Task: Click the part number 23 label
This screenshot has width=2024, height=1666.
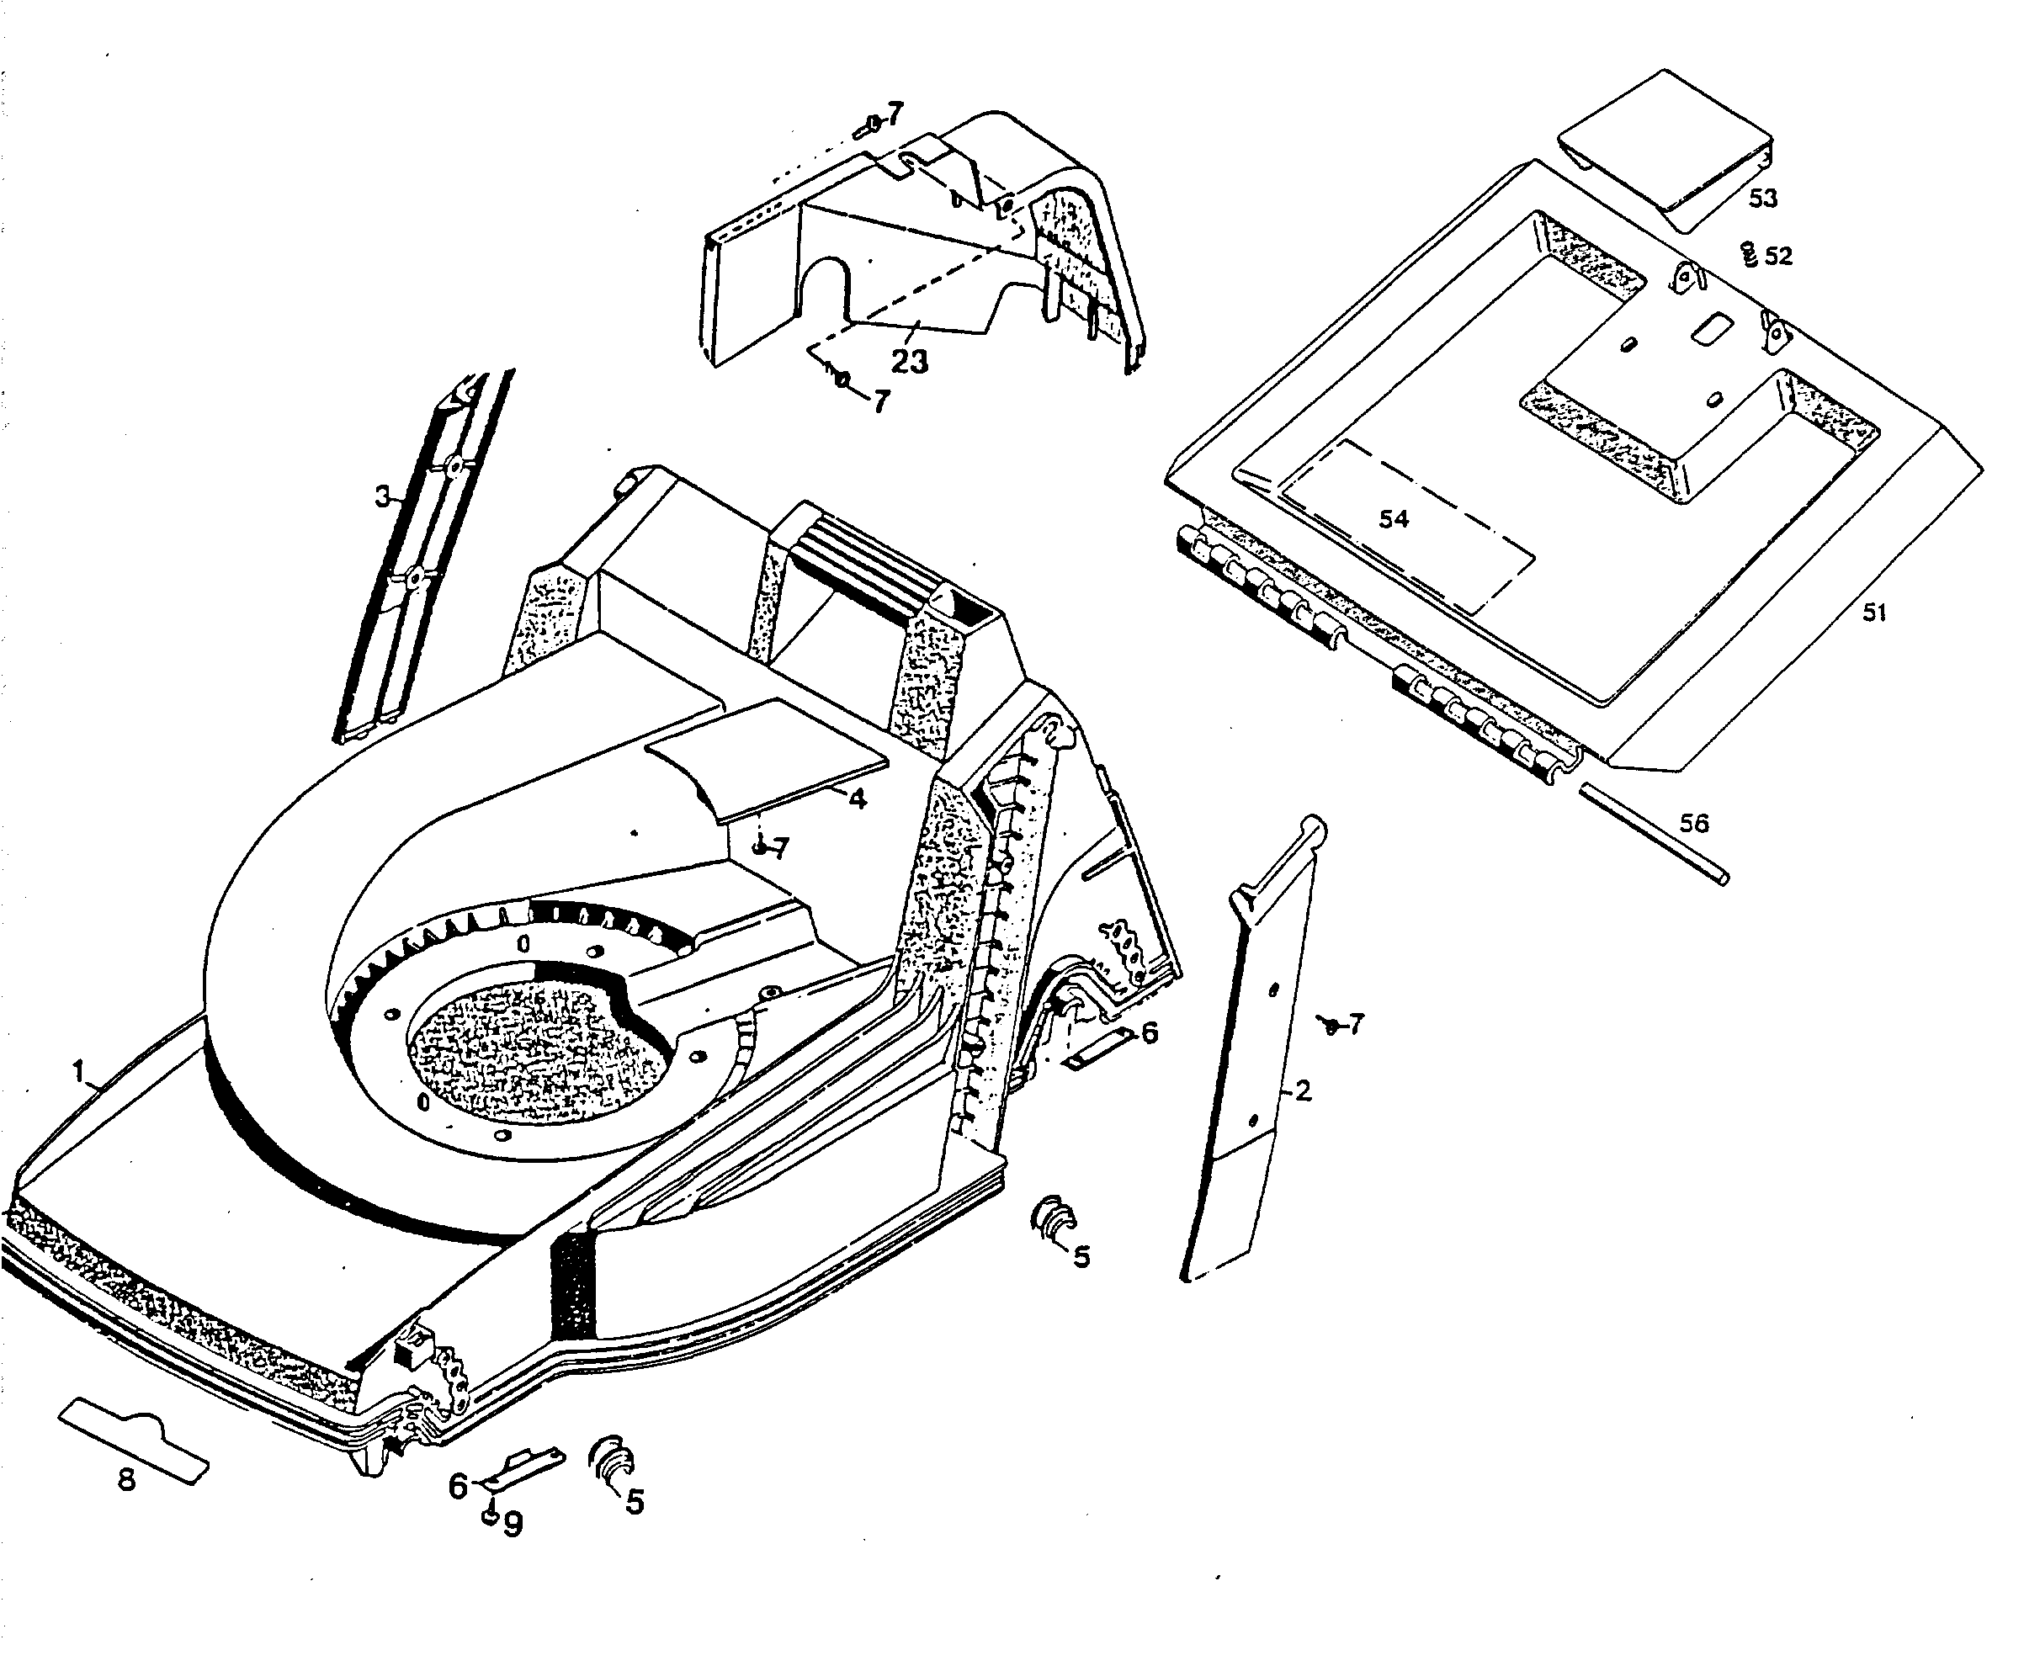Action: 909,361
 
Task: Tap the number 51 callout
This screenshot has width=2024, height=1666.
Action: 1874,613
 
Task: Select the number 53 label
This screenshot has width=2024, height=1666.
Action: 1763,198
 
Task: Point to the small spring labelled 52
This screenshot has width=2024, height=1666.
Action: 1749,254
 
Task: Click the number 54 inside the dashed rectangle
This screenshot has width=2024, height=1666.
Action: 1394,519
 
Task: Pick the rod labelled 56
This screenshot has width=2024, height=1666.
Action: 1655,833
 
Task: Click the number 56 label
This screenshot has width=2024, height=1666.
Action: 1694,824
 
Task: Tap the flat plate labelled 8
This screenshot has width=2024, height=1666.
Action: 135,1440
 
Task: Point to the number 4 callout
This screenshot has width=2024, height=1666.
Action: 857,798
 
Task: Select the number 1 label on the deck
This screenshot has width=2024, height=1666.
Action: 80,1071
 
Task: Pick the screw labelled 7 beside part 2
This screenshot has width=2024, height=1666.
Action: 1331,1026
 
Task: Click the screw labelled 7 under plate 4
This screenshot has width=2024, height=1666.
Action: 758,848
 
